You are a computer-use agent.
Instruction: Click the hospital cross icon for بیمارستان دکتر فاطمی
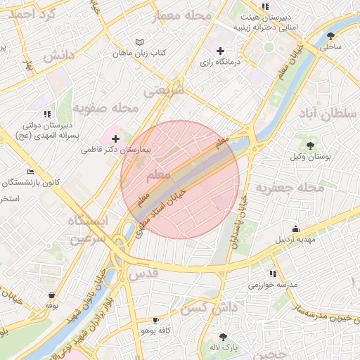pos(116,139)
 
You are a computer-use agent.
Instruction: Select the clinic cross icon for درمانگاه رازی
pos(221,51)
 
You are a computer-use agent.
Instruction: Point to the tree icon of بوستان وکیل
pos(310,146)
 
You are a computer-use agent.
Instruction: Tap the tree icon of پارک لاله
pos(224,337)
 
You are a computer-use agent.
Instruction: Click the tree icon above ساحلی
pos(331,37)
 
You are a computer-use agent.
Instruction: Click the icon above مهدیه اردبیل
pos(295,229)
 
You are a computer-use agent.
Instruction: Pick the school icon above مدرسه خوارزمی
pos(272,274)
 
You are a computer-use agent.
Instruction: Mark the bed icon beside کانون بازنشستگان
pos(30,172)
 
